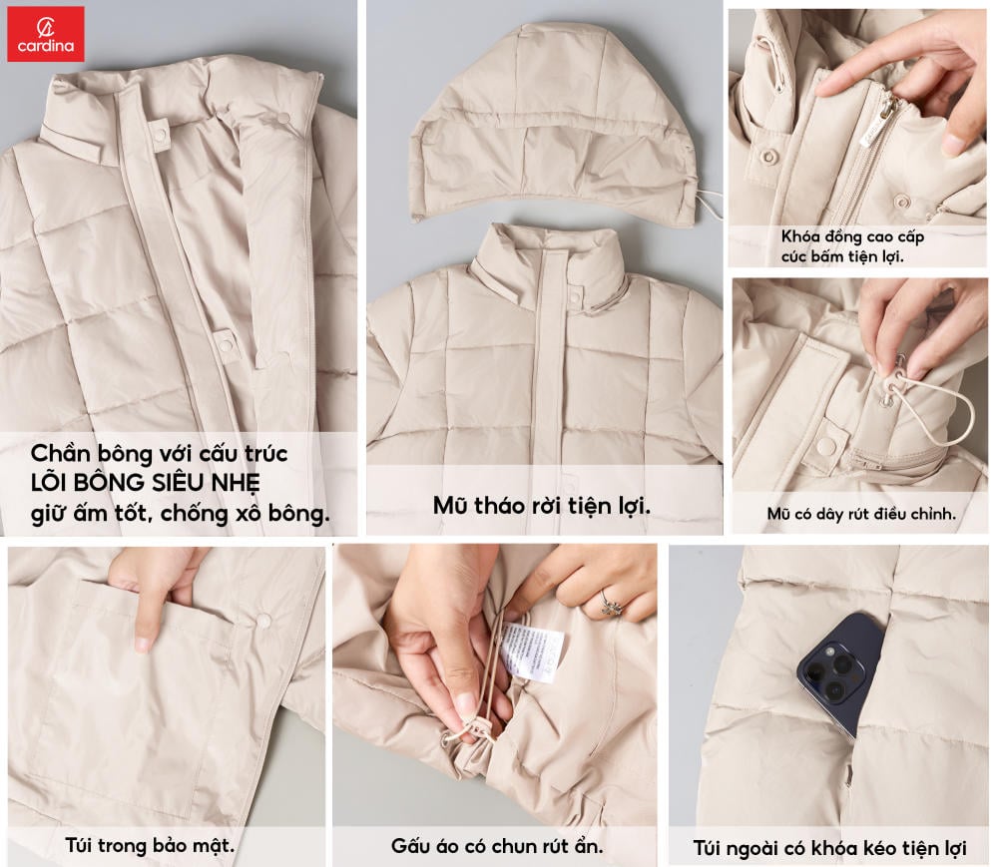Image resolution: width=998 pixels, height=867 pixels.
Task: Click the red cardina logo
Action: pyautogui.click(x=46, y=34)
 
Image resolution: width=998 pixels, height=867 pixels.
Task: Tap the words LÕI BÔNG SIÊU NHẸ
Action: pyautogui.click(x=145, y=483)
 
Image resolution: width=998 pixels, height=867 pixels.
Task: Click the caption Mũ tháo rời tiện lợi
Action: pyautogui.click(x=542, y=507)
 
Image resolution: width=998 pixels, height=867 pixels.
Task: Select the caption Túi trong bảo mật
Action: pyautogui.click(x=150, y=845)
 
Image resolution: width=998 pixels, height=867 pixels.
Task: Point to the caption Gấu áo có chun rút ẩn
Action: pyautogui.click(x=497, y=846)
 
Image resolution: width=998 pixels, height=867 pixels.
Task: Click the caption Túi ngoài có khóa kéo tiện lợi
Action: pyautogui.click(x=830, y=848)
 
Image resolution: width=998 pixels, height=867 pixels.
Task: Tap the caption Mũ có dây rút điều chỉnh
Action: pyautogui.click(x=861, y=514)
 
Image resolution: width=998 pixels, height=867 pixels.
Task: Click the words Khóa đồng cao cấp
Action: pyautogui.click(x=853, y=236)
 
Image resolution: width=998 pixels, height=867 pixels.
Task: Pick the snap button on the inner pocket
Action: pyautogui.click(x=262, y=620)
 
